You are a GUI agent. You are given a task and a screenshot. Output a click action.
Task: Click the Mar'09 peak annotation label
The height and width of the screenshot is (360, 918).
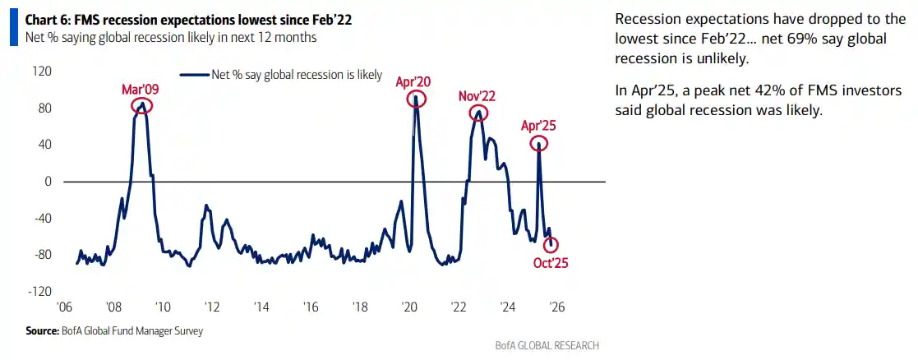(x=141, y=88)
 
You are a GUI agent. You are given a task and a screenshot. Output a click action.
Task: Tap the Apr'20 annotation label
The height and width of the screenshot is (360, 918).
(x=413, y=81)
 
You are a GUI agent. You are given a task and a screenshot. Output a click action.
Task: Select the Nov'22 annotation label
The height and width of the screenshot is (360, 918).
(x=477, y=96)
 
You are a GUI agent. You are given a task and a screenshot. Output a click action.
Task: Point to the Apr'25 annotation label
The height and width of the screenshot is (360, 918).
(x=539, y=126)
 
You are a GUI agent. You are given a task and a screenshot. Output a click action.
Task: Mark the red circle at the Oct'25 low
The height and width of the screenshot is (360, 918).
(x=551, y=244)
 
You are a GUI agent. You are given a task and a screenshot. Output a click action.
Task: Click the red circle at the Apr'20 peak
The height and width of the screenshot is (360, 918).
(x=415, y=99)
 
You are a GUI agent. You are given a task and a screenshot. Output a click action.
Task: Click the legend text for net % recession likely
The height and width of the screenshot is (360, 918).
(x=297, y=74)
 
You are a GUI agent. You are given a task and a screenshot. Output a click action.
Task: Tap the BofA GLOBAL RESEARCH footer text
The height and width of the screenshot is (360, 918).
(x=547, y=345)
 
